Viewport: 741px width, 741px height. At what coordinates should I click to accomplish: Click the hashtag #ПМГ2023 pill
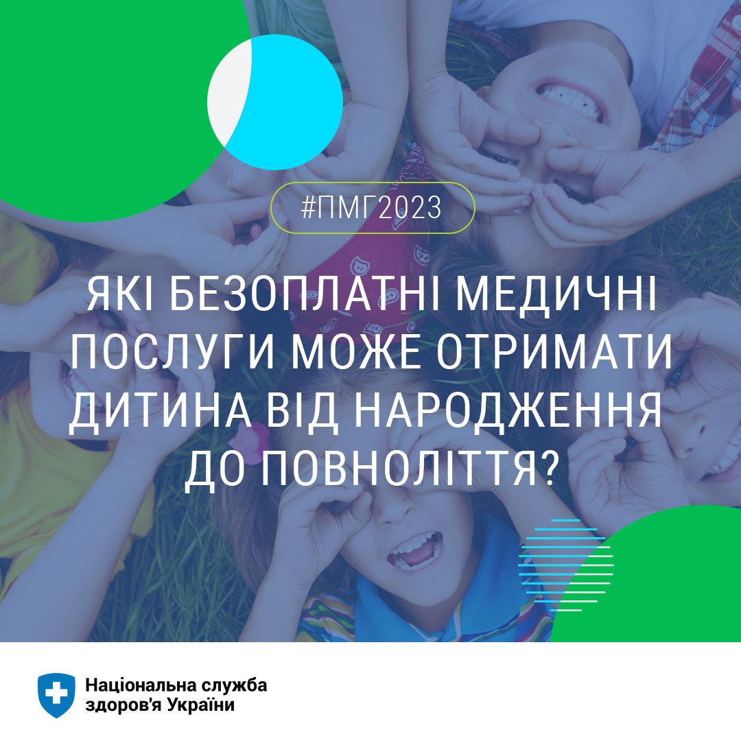click(x=373, y=207)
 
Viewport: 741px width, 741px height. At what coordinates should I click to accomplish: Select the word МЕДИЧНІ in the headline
click(x=556, y=296)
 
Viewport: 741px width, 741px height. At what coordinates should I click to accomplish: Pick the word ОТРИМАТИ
click(x=554, y=353)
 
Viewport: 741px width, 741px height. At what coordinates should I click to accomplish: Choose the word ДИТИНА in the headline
click(x=160, y=411)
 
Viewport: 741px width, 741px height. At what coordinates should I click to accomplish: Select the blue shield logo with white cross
click(x=56, y=695)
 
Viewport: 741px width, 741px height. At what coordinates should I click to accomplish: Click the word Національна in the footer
click(x=141, y=685)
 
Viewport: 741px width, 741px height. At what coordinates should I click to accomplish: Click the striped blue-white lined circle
click(x=565, y=565)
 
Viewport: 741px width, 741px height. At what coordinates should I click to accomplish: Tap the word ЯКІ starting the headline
click(x=121, y=296)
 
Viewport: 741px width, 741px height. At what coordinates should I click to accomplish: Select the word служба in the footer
click(x=234, y=685)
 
